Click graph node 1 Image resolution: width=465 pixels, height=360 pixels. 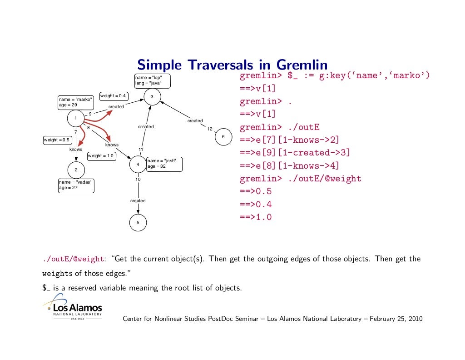point(75,119)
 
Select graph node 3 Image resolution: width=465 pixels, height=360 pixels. point(152,96)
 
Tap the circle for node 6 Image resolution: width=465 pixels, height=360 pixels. point(223,137)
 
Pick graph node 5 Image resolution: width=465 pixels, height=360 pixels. point(138,223)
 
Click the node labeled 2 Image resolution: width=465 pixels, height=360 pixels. point(76,170)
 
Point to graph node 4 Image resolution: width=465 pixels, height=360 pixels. point(138,164)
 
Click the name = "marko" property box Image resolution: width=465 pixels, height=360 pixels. point(76,102)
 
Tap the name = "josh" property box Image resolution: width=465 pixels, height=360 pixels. point(164,164)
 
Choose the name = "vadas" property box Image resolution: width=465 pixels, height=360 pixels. point(76,185)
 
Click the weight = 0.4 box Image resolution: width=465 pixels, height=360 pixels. point(114,96)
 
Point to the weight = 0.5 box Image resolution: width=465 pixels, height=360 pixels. point(57,140)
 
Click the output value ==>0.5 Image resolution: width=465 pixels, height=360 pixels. point(256,191)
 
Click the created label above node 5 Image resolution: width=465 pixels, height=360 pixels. point(138,200)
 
